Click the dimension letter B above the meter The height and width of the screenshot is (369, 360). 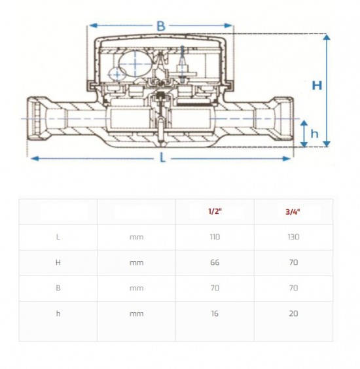(161, 26)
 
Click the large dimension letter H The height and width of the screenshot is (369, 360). (317, 85)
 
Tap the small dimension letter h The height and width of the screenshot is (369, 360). (314, 133)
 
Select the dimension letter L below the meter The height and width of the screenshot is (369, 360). (162, 158)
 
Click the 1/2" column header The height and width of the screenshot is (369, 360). (215, 211)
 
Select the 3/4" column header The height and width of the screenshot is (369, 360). (293, 212)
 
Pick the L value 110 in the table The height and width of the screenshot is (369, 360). (215, 237)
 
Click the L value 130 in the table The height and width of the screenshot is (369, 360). (293, 237)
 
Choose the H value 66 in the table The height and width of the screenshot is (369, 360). (215, 262)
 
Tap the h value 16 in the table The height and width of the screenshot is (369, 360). (215, 313)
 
